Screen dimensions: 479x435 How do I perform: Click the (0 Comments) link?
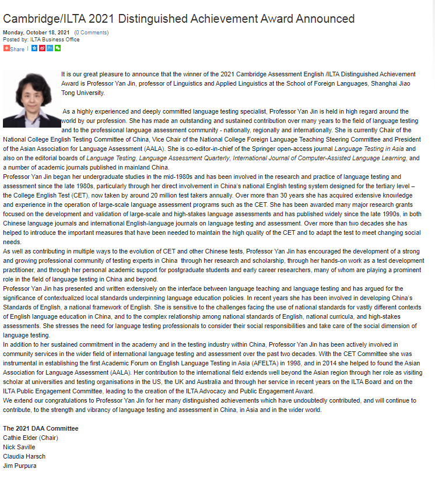[91, 33]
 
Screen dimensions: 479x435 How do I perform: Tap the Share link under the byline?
[17, 49]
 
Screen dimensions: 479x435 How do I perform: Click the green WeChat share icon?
[58, 48]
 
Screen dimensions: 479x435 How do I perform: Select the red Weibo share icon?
[42, 48]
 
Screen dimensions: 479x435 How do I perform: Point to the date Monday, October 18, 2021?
[36, 33]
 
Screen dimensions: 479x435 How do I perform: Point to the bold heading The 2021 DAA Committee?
[41, 428]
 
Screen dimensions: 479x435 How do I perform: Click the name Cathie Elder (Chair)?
[31, 438]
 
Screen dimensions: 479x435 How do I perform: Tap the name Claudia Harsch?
[24, 456]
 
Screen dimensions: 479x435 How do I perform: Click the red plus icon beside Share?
[6, 48]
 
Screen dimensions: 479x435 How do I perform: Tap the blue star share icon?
[34, 48]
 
